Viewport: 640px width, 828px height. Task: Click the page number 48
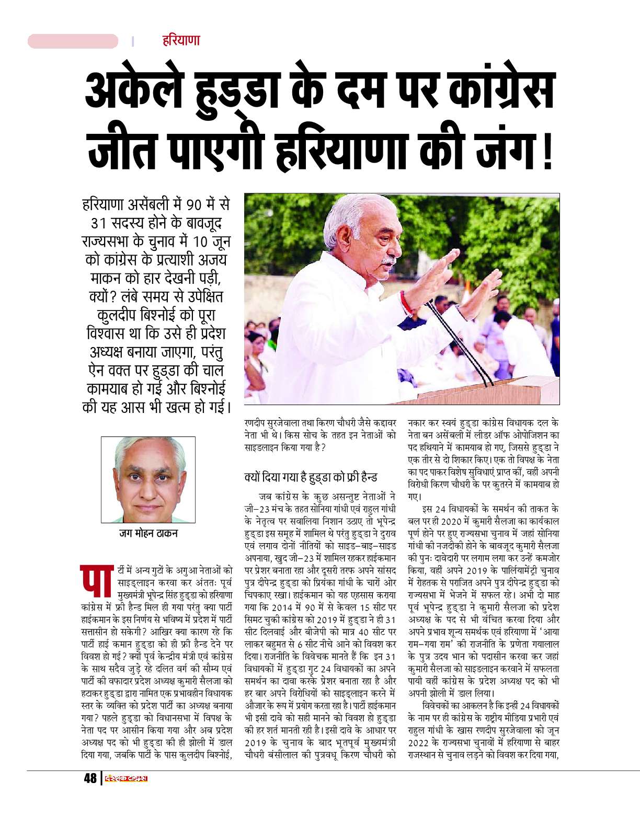click(x=90, y=778)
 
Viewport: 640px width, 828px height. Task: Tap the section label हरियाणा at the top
click(x=180, y=40)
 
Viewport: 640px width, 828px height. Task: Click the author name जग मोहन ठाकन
click(x=148, y=533)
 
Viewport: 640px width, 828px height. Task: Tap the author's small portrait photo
click(x=147, y=479)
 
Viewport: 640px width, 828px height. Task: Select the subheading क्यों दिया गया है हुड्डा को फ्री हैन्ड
click(x=311, y=477)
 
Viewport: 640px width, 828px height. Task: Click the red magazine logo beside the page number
click(x=125, y=778)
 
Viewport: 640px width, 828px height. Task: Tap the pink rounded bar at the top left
click(x=73, y=41)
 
